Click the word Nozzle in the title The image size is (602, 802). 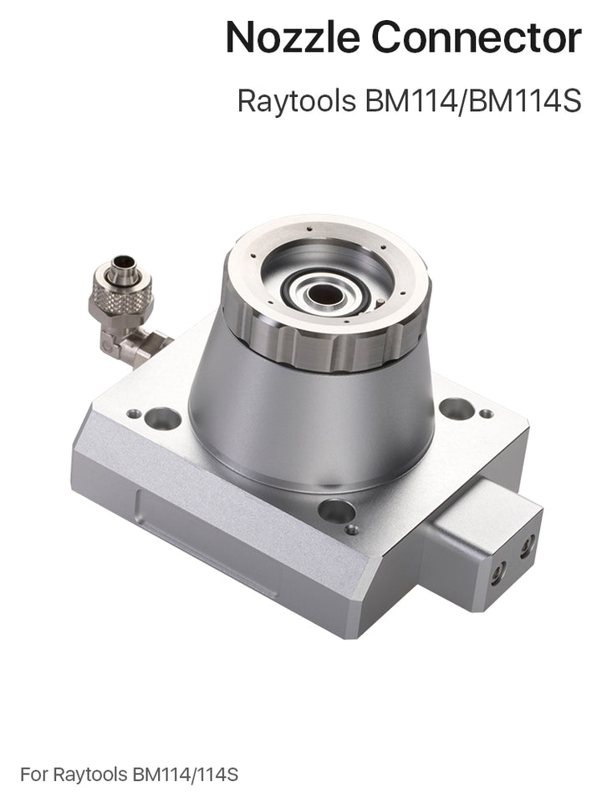point(293,37)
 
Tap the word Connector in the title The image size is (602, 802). point(477,37)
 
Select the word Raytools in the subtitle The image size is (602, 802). point(296,101)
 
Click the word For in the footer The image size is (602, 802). point(33,774)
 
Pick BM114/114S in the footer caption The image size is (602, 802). point(186,774)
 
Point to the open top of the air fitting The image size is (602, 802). point(122,263)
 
